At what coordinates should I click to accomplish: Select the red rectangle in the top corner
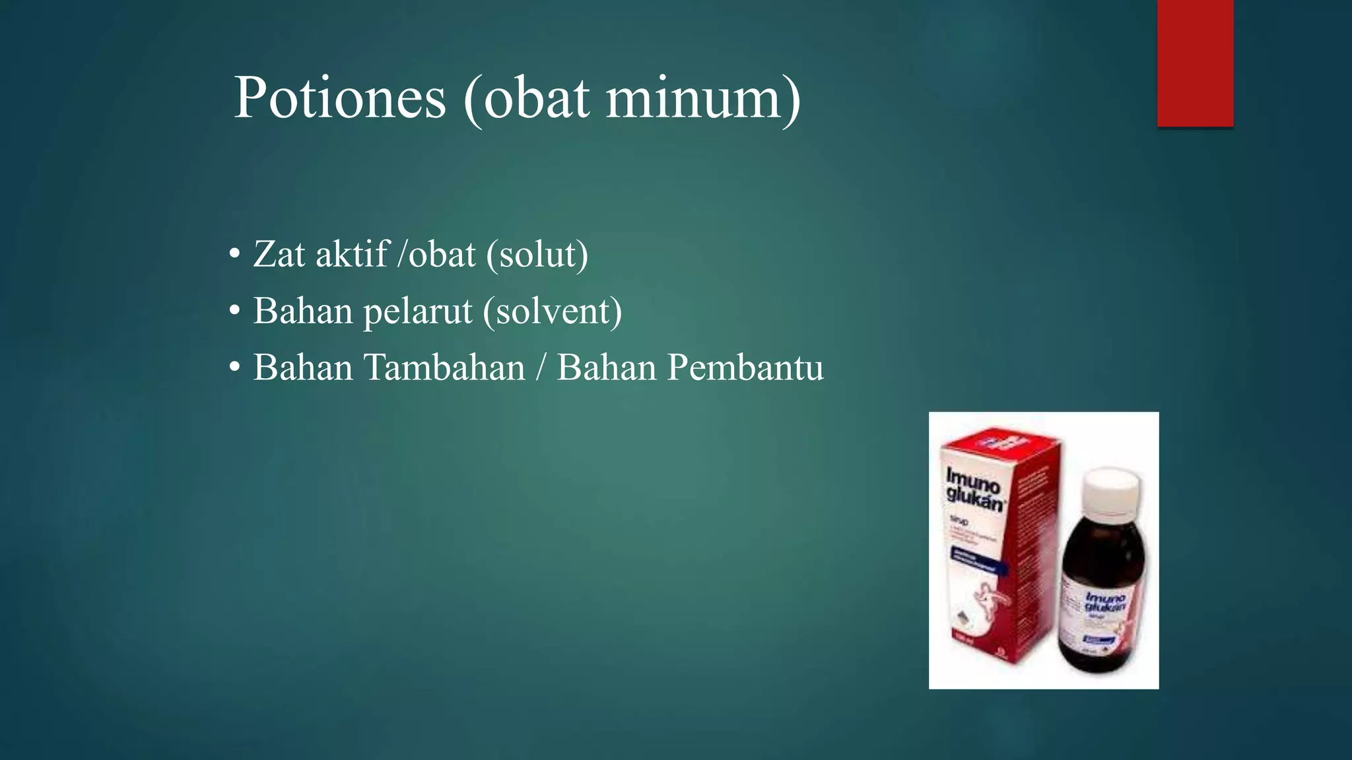(x=1195, y=63)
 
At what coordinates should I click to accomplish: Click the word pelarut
(x=418, y=311)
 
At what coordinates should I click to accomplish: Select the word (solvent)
(x=553, y=311)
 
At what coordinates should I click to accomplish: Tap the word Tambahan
(x=444, y=367)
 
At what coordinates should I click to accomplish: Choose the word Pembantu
(x=745, y=367)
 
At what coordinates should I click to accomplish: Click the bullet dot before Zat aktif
(x=234, y=255)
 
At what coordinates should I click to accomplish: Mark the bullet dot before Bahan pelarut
(x=234, y=311)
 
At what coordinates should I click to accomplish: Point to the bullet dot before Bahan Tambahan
(x=234, y=368)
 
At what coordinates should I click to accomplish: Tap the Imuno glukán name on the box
(x=974, y=489)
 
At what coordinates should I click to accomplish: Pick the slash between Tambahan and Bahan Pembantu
(x=541, y=367)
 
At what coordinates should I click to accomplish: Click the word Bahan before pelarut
(x=303, y=311)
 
